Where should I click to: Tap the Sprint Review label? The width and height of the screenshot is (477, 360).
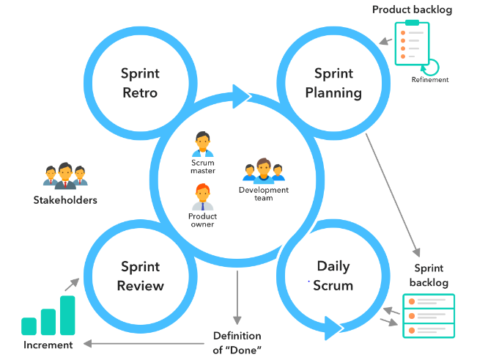[x=141, y=276]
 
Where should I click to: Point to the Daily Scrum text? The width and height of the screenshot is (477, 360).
[x=333, y=276]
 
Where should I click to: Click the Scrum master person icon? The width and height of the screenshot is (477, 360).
[x=202, y=144]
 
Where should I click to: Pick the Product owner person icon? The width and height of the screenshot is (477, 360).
[x=202, y=196]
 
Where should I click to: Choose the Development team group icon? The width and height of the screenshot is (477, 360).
[x=263, y=171]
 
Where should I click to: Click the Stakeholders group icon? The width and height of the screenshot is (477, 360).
[x=65, y=175]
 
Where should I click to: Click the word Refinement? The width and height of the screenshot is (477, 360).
[x=429, y=80]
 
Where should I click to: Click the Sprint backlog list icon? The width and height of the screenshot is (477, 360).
[x=429, y=315]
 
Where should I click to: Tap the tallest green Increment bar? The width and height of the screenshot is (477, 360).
[x=67, y=315]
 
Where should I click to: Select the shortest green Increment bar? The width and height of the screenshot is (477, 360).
[x=29, y=326]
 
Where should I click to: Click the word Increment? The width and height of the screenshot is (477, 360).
[x=48, y=345]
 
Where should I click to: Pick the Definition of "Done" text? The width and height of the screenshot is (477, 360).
[x=237, y=342]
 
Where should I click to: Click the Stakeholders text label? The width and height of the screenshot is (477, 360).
[x=65, y=199]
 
